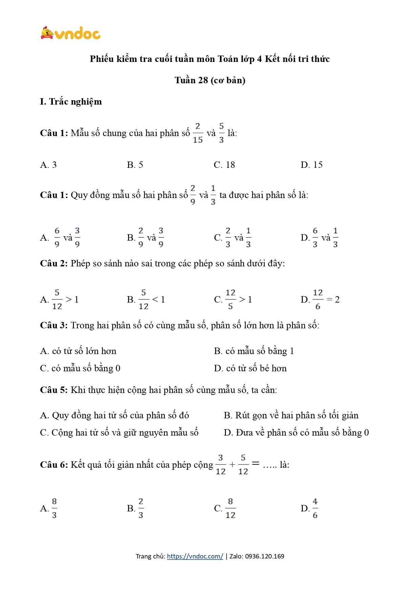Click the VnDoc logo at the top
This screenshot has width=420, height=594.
point(70,33)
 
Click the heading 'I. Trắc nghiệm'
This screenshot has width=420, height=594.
point(71,102)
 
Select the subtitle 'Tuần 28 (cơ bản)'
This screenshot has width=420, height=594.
point(210,80)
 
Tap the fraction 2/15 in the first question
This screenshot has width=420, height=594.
point(197,133)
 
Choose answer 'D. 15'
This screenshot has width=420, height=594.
point(311,165)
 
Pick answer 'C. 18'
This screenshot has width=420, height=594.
point(224,165)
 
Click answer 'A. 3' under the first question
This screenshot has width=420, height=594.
point(48,165)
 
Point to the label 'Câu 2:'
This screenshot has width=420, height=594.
point(54,263)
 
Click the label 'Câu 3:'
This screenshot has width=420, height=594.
point(54,325)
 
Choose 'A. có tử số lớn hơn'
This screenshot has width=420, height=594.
point(78,351)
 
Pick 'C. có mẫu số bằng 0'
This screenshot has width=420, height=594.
point(80,368)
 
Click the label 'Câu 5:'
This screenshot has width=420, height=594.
point(54,390)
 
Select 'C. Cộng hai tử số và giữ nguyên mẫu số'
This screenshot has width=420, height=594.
point(119,433)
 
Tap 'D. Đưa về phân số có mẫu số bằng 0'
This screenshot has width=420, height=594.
point(296,433)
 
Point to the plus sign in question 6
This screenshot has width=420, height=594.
point(232,465)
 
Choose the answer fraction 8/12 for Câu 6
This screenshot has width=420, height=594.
point(230,508)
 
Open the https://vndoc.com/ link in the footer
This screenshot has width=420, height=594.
point(195,556)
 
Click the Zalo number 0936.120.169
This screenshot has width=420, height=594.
point(265,556)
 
